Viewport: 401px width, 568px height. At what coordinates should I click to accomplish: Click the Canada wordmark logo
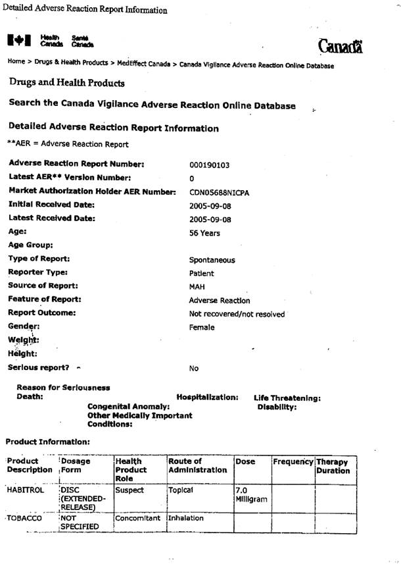340,46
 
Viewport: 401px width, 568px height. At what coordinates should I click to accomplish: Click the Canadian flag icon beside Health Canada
19,41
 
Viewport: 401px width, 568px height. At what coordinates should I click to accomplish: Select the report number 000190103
209,165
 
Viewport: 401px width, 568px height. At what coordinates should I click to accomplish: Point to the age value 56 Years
204,233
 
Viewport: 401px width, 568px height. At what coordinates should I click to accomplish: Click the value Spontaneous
212,260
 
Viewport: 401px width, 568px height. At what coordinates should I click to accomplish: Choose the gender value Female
202,327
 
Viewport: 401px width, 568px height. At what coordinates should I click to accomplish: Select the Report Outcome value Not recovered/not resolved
237,314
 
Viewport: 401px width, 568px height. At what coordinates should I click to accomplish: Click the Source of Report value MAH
198,287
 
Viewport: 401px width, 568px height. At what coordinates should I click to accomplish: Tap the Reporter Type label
37,272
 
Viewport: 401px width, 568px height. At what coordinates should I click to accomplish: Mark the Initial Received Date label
51,205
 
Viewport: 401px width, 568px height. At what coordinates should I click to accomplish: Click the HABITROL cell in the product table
24,490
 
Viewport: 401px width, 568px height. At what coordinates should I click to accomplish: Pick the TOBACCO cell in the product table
24,518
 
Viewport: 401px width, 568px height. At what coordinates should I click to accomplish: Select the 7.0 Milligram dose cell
251,495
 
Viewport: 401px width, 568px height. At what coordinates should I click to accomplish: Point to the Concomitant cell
137,518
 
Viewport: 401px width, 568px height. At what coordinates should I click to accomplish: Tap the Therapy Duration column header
333,466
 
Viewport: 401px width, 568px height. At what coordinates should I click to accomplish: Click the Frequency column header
293,462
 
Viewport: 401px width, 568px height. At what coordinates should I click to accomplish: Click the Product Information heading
47,442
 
